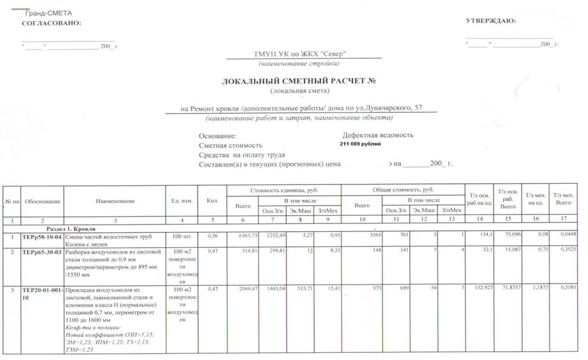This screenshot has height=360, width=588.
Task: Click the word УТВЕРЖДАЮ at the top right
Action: pos(491,20)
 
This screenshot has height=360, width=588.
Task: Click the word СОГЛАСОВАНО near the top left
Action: pos(52,23)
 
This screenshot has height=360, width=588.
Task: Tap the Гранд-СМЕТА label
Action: pos(48,13)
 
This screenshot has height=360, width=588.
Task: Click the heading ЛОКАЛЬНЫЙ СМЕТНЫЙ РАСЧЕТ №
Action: pos(297,82)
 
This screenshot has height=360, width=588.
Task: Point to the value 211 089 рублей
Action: pos(361,144)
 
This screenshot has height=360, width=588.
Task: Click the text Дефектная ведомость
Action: pos(378,135)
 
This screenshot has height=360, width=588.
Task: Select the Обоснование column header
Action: pos(43,202)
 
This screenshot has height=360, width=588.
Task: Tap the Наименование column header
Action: pos(116,202)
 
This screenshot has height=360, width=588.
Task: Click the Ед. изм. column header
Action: pos(182,202)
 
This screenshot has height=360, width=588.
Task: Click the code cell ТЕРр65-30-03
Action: pos(42,252)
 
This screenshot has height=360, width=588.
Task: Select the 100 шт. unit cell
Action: pos(182,237)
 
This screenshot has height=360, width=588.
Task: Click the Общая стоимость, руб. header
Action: pos(403,190)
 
